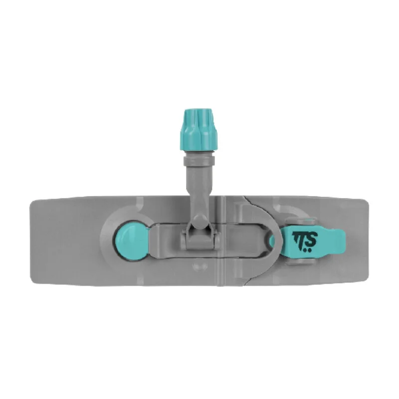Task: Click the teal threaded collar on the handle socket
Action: pos(199,130)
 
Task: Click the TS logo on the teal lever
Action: pos(305,241)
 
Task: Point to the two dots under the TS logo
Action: pos(307,250)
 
